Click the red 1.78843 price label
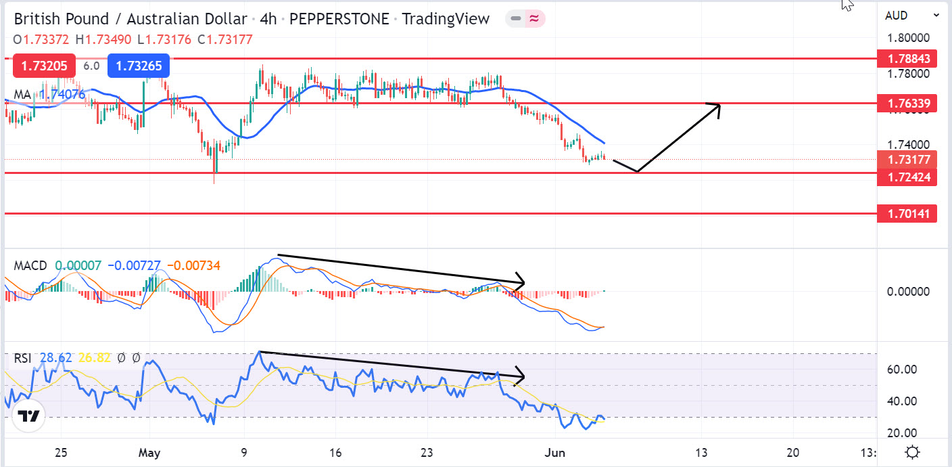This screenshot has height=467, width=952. pos(907,59)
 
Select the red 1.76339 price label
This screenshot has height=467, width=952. pos(907,104)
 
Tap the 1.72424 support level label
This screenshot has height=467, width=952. pos(907,178)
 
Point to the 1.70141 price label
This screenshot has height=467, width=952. pos(907,215)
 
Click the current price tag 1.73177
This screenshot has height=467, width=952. pos(907,160)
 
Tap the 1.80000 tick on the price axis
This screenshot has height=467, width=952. pos(909,38)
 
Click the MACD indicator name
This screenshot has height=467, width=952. pos(30,266)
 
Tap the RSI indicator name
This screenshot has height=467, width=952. pos(23,358)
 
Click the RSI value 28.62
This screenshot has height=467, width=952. pos(55,358)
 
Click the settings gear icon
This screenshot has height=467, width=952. pos(912,452)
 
